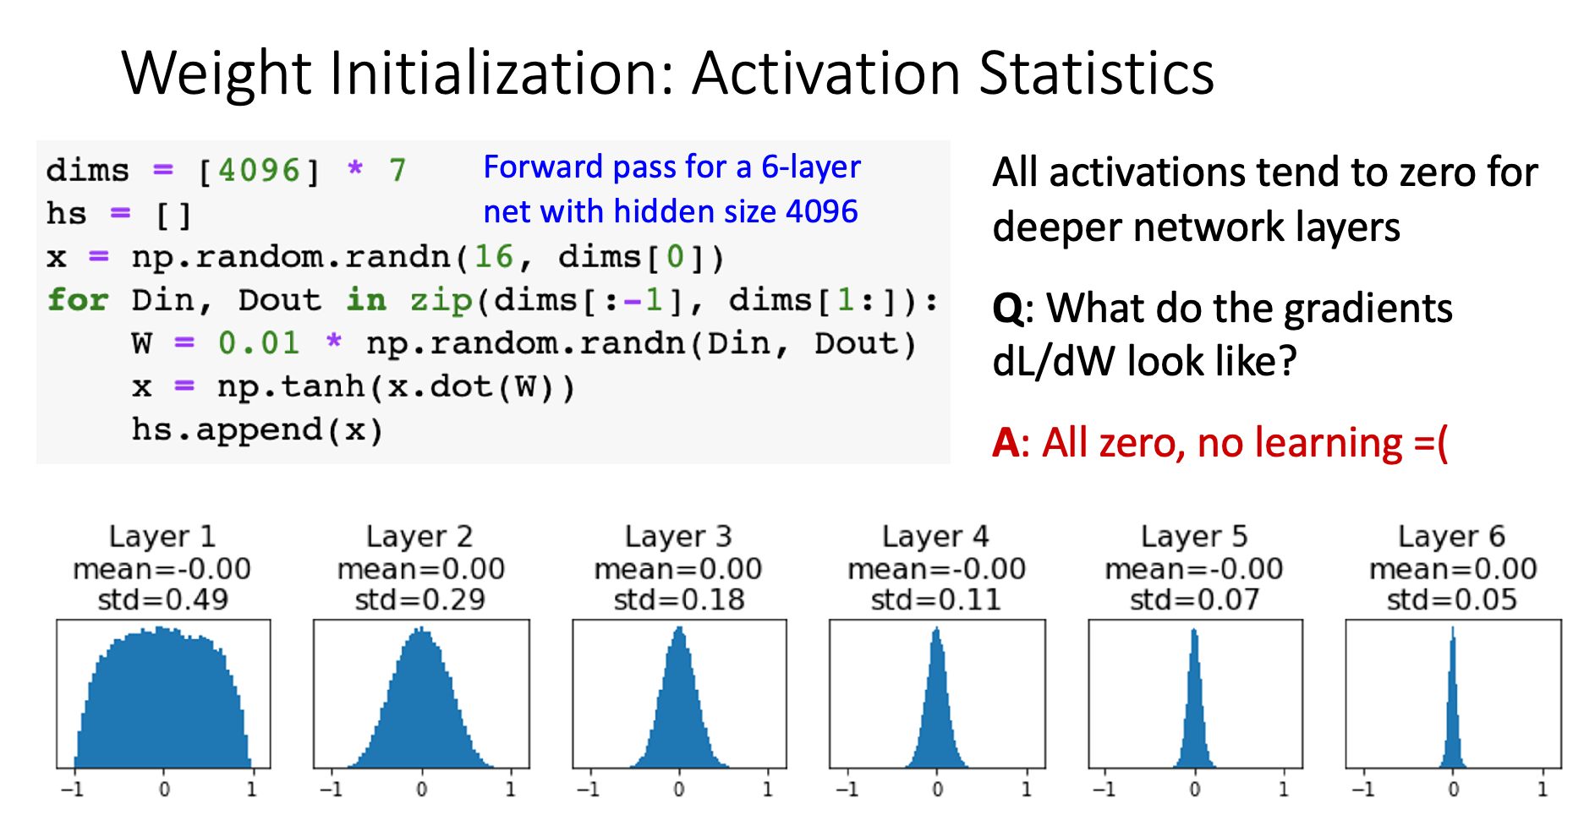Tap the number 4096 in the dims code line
[259, 171]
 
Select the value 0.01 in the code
[258, 343]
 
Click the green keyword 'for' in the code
[78, 300]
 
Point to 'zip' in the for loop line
[441, 300]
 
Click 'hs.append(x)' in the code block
[257, 429]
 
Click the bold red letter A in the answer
[1005, 443]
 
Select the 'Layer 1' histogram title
[162, 536]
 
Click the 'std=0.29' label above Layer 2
[420, 599]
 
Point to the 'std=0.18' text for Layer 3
[679, 599]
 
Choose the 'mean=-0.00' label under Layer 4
[936, 569]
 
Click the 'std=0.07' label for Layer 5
[1194, 599]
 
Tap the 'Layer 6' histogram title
[1451, 536]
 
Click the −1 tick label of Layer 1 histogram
[73, 790]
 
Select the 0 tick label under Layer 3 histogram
[679, 790]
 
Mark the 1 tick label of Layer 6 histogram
[1543, 790]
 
